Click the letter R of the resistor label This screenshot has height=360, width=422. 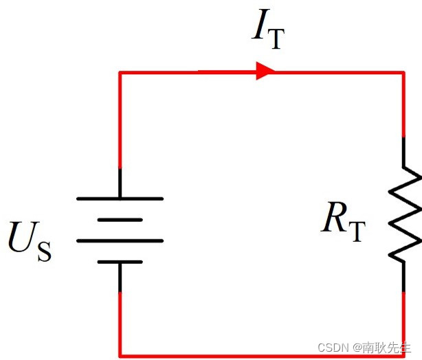pos(334,219)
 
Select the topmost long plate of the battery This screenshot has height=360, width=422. pos(120,198)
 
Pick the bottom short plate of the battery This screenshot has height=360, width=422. pos(120,262)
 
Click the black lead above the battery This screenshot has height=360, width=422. pos(120,183)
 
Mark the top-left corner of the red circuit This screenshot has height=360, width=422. pos(120,71)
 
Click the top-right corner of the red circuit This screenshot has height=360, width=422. pos(403,71)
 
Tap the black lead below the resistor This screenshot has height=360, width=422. pos(403,275)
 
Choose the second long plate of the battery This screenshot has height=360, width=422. pos(120,240)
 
